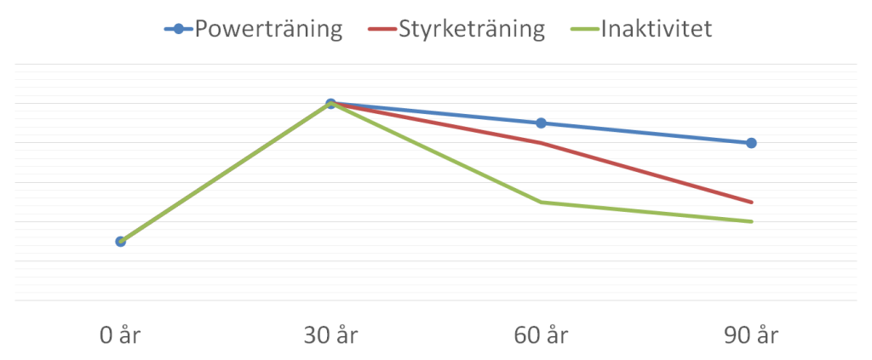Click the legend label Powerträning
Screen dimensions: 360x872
coord(268,30)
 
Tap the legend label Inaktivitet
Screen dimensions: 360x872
coord(656,30)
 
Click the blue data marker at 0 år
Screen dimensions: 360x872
coord(120,242)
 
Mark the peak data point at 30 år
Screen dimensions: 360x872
coord(330,104)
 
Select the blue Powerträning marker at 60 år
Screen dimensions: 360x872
coord(541,123)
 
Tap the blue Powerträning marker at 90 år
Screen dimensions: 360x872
coord(751,143)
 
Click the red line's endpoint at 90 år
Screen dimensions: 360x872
coord(751,202)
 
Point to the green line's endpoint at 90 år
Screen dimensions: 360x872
coord(751,221)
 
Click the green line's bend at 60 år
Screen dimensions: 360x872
coord(541,202)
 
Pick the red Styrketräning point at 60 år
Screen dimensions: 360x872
coord(541,142)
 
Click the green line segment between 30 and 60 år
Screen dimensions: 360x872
coord(436,153)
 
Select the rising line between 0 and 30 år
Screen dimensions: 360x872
coord(226,173)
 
